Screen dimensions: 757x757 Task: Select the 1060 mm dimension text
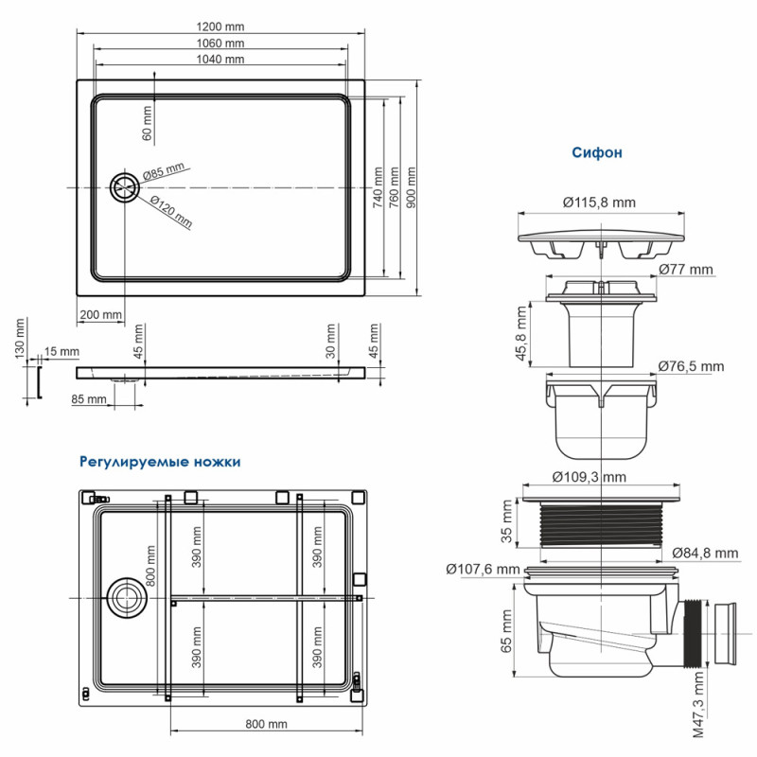tap(221, 44)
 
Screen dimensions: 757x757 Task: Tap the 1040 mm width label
tap(221, 60)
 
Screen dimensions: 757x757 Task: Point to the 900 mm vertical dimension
tap(411, 189)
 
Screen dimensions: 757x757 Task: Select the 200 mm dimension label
tap(100, 314)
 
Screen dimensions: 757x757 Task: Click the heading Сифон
tap(596, 152)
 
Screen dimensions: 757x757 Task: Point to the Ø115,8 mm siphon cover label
tap(598, 202)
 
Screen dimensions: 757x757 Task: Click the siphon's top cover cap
tap(599, 233)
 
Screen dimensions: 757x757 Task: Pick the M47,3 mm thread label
tap(697, 704)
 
